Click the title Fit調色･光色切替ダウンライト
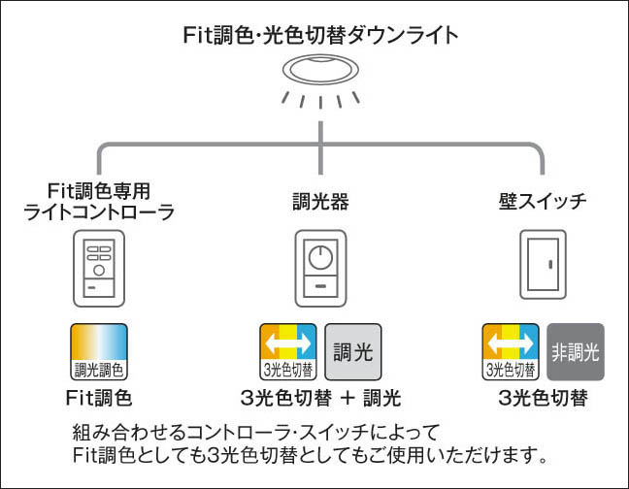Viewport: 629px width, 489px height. tap(319, 36)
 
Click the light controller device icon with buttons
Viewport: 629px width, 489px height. tap(98, 269)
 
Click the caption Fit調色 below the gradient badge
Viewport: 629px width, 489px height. tap(98, 398)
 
